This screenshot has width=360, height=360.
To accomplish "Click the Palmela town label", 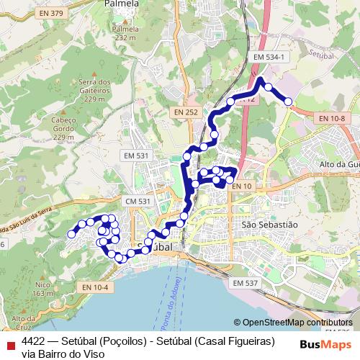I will tap(121, 4).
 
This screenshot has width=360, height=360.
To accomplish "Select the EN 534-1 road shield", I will tap(270, 56).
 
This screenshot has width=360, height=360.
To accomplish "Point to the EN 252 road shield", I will tap(186, 112).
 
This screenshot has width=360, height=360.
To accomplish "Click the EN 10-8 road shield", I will tap(332, 117).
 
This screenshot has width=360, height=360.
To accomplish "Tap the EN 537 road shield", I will tap(246, 283).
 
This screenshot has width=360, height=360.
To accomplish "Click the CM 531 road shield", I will tap(137, 201).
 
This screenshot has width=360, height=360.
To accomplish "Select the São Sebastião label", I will tap(269, 225).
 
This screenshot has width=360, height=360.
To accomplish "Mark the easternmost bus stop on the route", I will tap(289, 102).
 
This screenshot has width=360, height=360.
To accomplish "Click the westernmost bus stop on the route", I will tap(72, 233).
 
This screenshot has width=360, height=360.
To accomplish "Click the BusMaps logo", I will tap(324, 344).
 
